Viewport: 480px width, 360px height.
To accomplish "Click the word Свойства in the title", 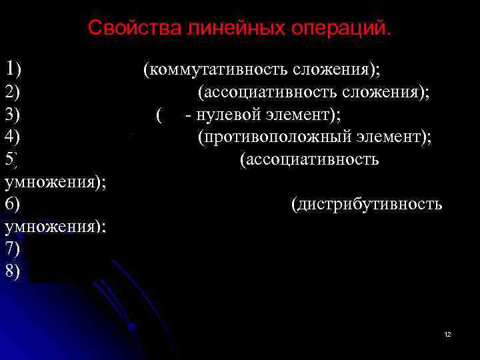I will [125, 29].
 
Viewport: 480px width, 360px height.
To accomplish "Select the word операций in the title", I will [341, 29].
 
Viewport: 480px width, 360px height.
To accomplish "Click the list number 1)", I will [13, 68].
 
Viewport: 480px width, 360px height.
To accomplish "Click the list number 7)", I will [13, 249].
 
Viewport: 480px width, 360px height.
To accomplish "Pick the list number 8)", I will [13, 272].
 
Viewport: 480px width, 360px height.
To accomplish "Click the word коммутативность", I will [220, 69].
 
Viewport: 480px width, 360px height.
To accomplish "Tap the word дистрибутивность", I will [369, 204].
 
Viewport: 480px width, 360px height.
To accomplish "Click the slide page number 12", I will [447, 333].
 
